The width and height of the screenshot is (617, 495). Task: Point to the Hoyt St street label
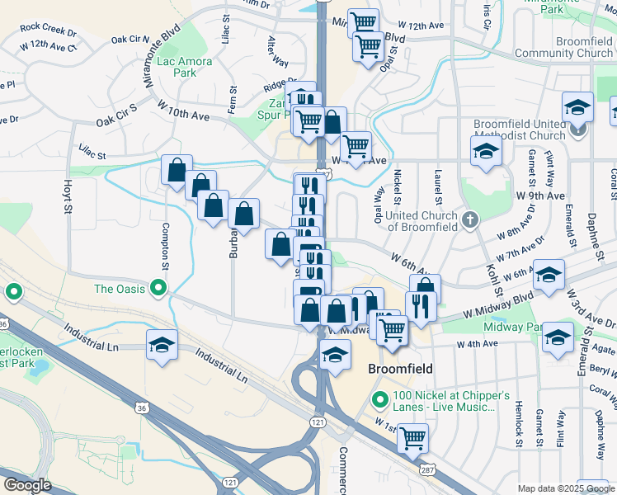pyautogui.click(x=68, y=197)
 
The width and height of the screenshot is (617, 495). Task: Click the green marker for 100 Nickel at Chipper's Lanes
pyautogui.click(x=380, y=401)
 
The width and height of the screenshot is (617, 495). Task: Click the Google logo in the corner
pyautogui.click(x=28, y=485)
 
